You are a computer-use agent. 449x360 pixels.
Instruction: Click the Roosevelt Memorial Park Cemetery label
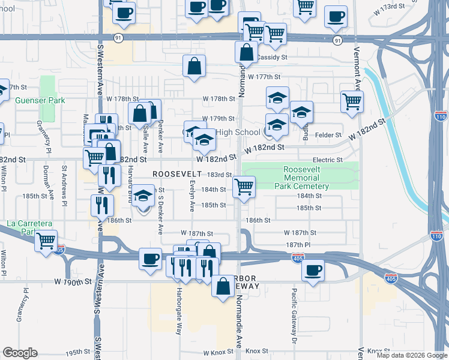pyautogui.click(x=306, y=178)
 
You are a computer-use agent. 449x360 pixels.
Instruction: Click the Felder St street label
pyautogui.click(x=328, y=135)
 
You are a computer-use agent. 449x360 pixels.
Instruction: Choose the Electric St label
pyautogui.click(x=327, y=160)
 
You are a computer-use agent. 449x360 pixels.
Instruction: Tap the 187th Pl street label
pyautogui.click(x=298, y=245)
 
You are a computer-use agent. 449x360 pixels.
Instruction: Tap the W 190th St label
pyautogui.click(x=73, y=281)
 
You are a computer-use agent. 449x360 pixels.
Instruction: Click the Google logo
pyautogui.click(x=20, y=353)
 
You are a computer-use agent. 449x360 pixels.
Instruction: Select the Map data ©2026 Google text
pyautogui.click(x=411, y=355)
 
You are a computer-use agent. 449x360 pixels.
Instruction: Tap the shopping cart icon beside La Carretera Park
pyautogui.click(x=46, y=241)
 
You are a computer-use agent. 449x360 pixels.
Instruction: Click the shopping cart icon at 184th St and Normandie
pyautogui.click(x=244, y=187)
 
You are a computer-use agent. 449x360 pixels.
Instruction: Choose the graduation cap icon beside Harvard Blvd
pyautogui.click(x=143, y=197)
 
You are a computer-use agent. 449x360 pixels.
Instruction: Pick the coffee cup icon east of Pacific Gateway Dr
pyautogui.click(x=313, y=271)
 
